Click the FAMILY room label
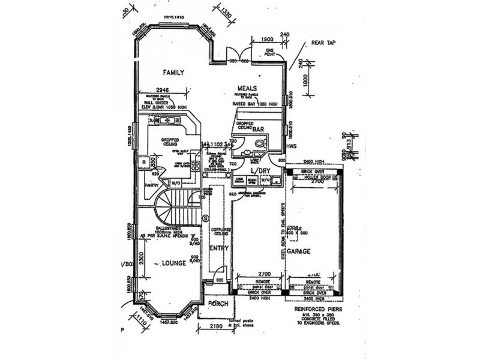tap(173, 72)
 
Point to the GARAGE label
tap(298, 252)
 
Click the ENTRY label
tap(216, 248)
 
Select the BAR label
tap(259, 129)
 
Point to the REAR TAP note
tap(324, 43)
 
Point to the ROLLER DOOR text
tap(318, 178)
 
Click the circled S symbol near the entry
tap(206, 217)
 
